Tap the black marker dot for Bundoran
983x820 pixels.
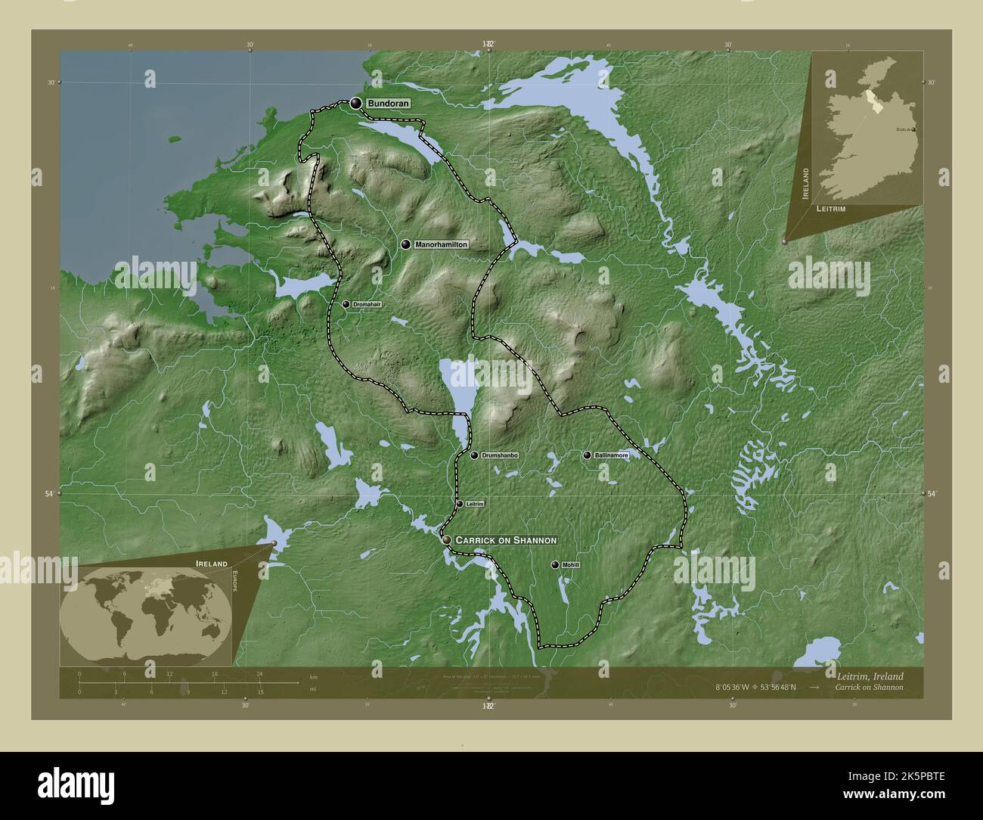356,103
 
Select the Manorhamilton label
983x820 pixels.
442,244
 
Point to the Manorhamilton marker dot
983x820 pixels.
406,244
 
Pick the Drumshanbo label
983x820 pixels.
500,455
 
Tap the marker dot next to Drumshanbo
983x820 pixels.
474,455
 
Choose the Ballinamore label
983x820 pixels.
611,455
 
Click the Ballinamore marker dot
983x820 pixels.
587,455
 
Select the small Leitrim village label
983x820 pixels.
474,504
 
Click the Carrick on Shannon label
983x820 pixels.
506,540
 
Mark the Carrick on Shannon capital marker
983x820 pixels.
448,540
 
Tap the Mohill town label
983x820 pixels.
570,565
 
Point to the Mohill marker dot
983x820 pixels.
556,565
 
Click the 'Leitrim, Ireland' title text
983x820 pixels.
869,676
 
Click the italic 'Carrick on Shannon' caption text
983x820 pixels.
869,688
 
